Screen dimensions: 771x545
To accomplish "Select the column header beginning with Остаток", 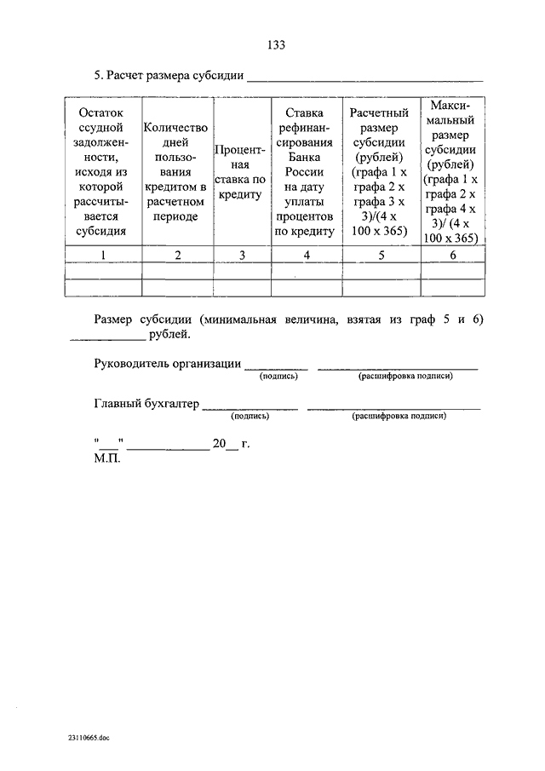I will (x=102, y=171).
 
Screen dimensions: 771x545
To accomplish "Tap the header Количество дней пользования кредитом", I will (x=176, y=171).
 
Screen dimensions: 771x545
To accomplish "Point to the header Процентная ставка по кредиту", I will (x=242, y=170).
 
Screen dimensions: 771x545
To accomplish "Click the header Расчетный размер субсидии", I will (x=380, y=171).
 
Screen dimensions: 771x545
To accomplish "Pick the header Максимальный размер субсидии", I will (x=452, y=170).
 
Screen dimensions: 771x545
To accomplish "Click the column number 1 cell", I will (x=102, y=254).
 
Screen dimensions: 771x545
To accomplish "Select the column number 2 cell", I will (x=176, y=254).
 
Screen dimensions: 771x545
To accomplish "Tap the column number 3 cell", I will (x=242, y=254).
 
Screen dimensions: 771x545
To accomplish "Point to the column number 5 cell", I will (x=380, y=254).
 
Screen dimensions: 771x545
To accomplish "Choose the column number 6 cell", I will (x=452, y=254).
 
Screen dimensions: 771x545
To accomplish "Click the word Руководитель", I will (x=130, y=364).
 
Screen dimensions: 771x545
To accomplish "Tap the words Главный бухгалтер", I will (x=146, y=405).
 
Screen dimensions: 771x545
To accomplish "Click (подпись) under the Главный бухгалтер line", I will (x=250, y=417).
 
